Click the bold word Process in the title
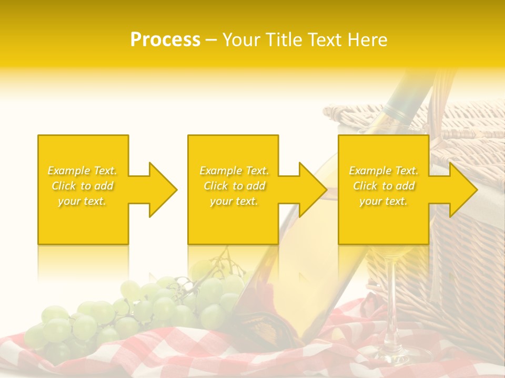pyautogui.click(x=165, y=40)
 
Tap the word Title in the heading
pyautogui.click(x=282, y=40)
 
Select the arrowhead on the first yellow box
pyautogui.click(x=158, y=190)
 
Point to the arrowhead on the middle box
pyautogui.click(x=309, y=190)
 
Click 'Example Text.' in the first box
pyautogui.click(x=83, y=171)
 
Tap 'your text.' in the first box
pyautogui.click(x=83, y=201)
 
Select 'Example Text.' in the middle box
pyautogui.click(x=234, y=171)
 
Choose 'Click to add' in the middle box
pyautogui.click(x=234, y=186)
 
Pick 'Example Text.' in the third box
pyautogui.click(x=383, y=171)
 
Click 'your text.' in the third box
pyautogui.click(x=383, y=201)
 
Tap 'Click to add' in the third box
pyautogui.click(x=383, y=186)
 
